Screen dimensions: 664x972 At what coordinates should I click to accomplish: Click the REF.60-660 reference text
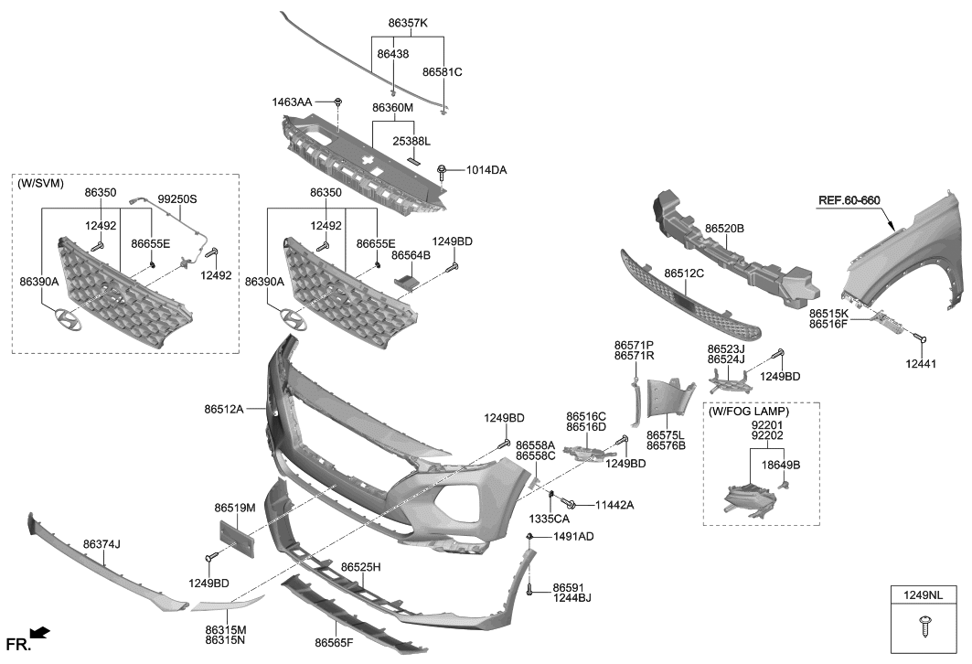[849, 200]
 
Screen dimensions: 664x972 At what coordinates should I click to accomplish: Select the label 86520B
[724, 228]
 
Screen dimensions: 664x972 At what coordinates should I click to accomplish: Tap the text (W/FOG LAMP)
[749, 412]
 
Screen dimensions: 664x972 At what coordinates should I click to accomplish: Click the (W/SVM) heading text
[40, 183]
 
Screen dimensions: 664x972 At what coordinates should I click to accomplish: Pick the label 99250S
[177, 198]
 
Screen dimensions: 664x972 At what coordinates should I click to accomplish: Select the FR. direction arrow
[39, 633]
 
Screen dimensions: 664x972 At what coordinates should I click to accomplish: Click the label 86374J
[101, 544]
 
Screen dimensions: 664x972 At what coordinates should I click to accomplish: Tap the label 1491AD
[573, 536]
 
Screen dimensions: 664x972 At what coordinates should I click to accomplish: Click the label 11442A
[614, 505]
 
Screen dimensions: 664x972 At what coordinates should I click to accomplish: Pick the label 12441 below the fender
[921, 364]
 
